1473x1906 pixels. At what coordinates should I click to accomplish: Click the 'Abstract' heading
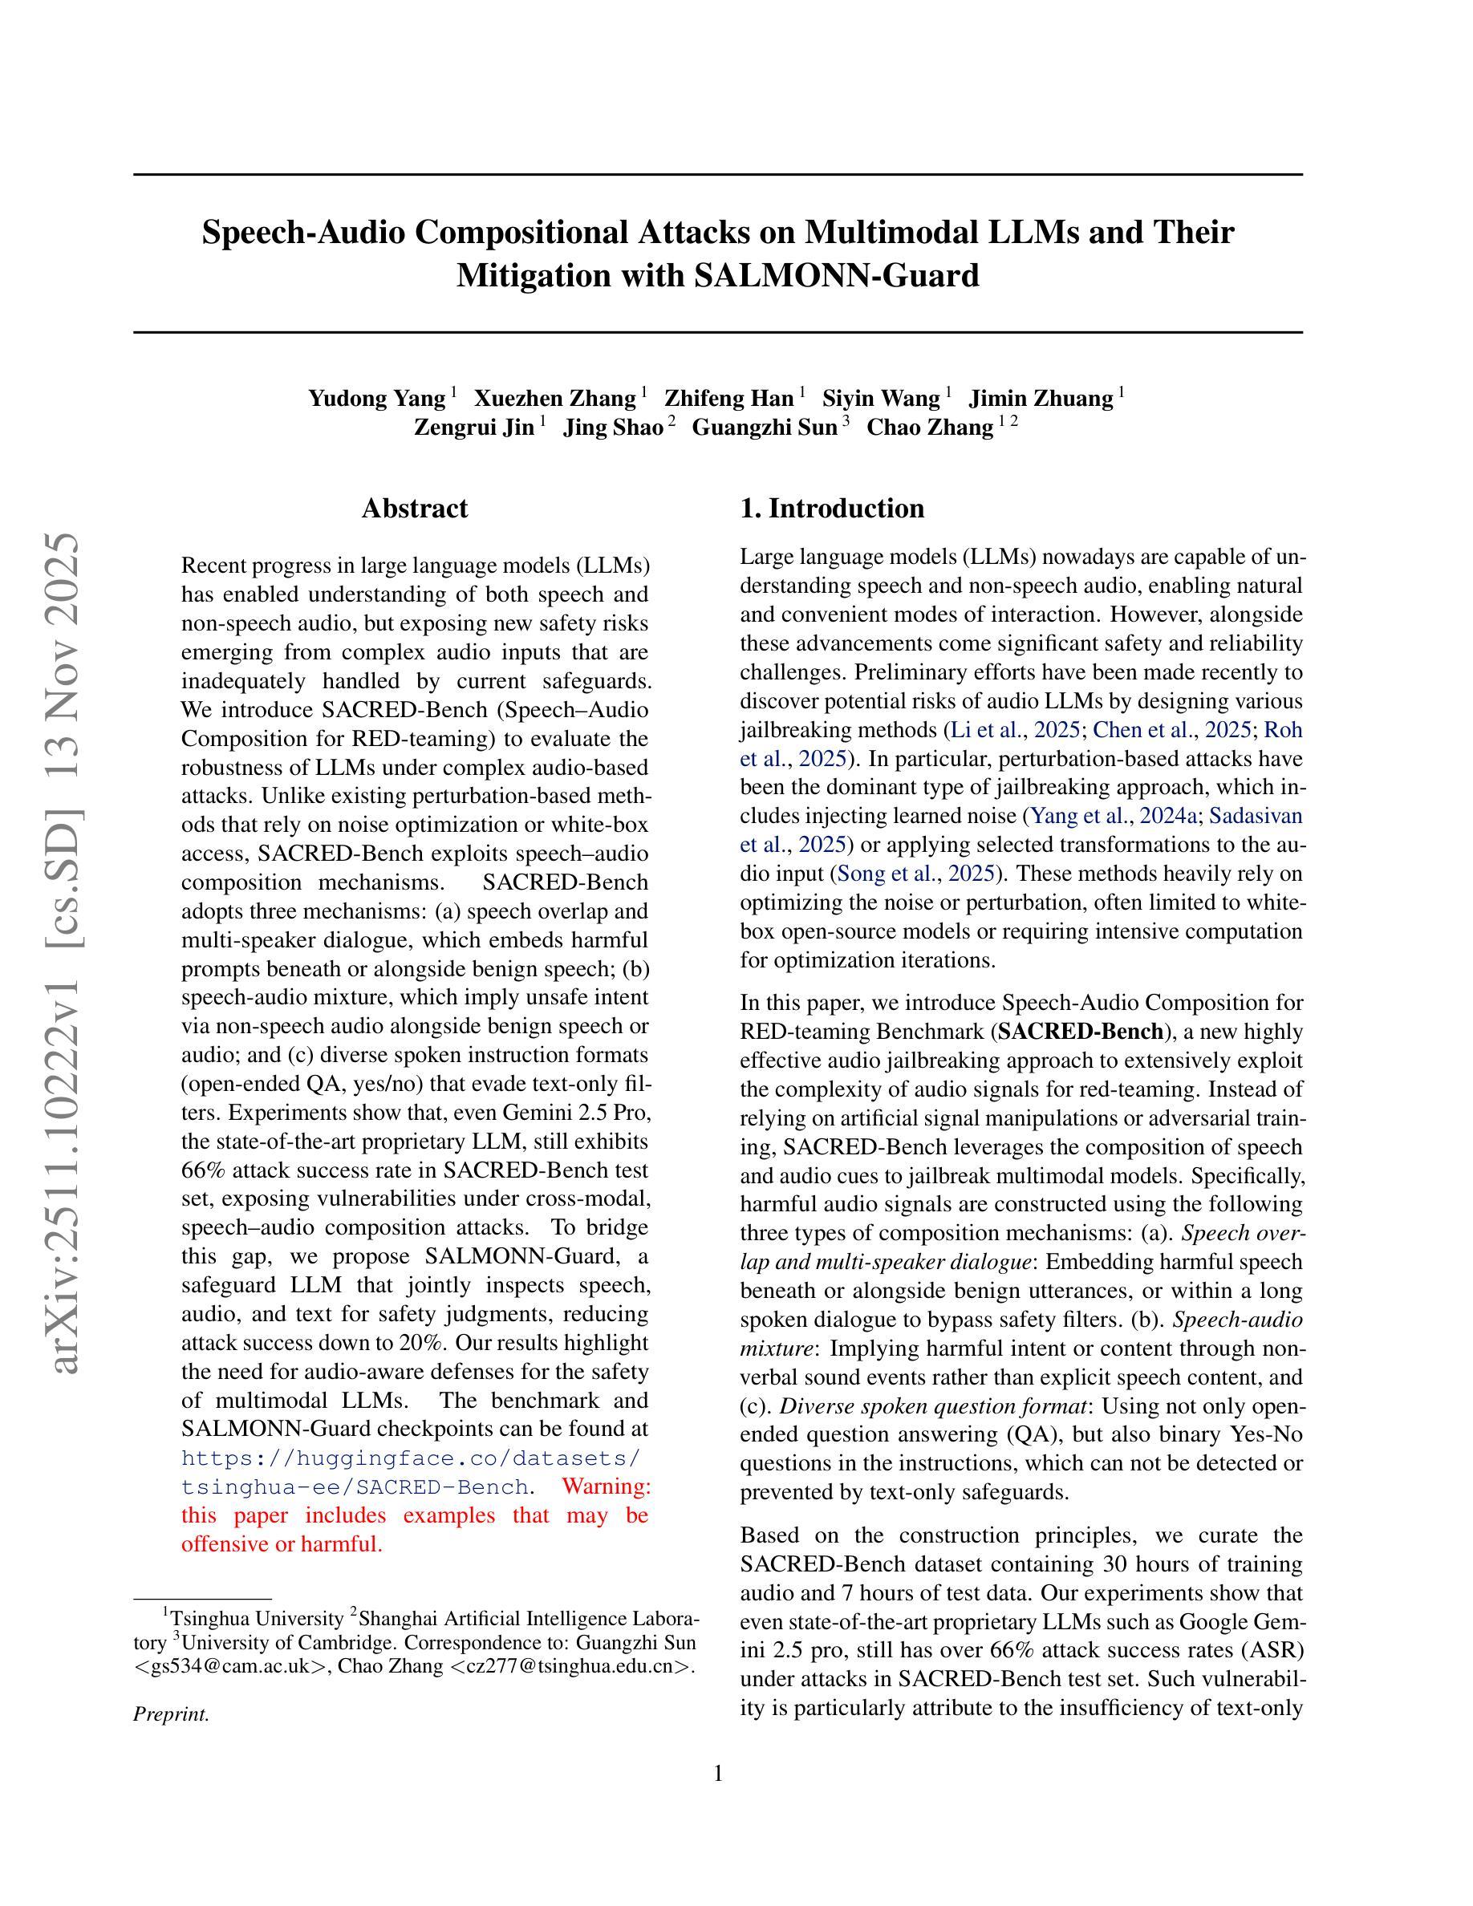[415, 508]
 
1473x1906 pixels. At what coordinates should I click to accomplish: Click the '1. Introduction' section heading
[832, 508]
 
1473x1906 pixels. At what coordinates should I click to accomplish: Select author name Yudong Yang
[377, 399]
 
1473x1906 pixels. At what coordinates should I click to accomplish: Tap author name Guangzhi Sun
[765, 428]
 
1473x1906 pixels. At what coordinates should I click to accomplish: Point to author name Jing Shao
[613, 428]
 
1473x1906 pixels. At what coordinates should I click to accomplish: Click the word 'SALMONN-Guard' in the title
[836, 276]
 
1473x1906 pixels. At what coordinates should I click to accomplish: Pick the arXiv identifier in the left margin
[67, 951]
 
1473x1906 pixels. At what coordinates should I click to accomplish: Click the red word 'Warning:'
[607, 1486]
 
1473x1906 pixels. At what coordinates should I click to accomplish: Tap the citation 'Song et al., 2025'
[916, 874]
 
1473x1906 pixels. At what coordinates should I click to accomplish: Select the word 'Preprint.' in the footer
[171, 1714]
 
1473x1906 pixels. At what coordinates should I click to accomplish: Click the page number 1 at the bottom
[718, 1774]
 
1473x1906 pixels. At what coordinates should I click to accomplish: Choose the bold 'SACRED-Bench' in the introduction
[1081, 1032]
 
